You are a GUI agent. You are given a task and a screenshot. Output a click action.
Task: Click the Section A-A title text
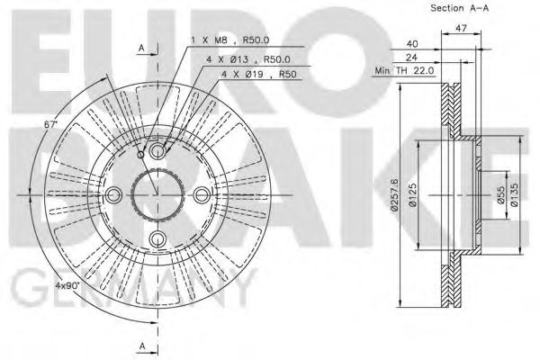click(x=461, y=9)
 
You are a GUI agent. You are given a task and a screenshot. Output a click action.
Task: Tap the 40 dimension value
click(x=411, y=42)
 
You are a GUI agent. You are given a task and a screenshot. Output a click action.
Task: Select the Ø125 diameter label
click(x=412, y=193)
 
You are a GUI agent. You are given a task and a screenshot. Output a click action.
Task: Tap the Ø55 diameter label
click(x=499, y=193)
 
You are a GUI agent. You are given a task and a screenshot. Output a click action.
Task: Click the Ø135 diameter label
click(x=516, y=193)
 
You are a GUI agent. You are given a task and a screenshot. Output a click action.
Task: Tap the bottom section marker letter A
click(x=140, y=346)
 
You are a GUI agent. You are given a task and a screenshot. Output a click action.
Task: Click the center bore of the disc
click(x=157, y=194)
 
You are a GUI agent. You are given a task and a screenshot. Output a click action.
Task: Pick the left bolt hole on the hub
click(x=114, y=194)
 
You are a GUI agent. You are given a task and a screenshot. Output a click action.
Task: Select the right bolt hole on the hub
click(x=201, y=194)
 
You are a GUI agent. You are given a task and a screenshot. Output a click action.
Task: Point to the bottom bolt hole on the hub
click(x=157, y=238)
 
